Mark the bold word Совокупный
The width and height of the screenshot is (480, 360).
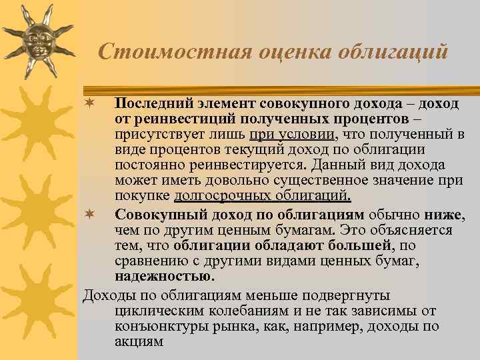click(x=153, y=214)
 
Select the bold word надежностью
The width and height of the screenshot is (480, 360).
click(x=155, y=275)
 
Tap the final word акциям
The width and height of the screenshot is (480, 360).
click(x=139, y=341)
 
